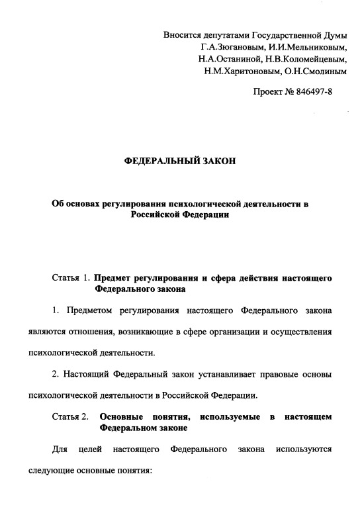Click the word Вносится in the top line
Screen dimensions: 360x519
pyautogui.click(x=183, y=35)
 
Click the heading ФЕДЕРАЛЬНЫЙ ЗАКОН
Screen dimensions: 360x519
pyautogui.click(x=180, y=162)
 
